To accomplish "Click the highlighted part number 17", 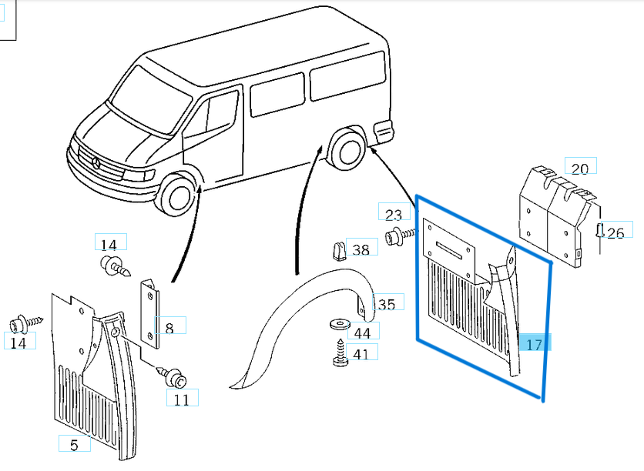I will (x=535, y=343).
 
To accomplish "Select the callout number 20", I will (x=580, y=167).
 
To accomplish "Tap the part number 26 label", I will (x=615, y=232).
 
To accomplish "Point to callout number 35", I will (x=386, y=304).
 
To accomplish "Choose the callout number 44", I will (x=362, y=332).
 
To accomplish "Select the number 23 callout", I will (x=394, y=214).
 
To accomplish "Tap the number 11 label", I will (x=181, y=399).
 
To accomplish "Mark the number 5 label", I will (x=74, y=444).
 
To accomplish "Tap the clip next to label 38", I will (x=337, y=251).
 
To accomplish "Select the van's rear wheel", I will (x=347, y=149).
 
